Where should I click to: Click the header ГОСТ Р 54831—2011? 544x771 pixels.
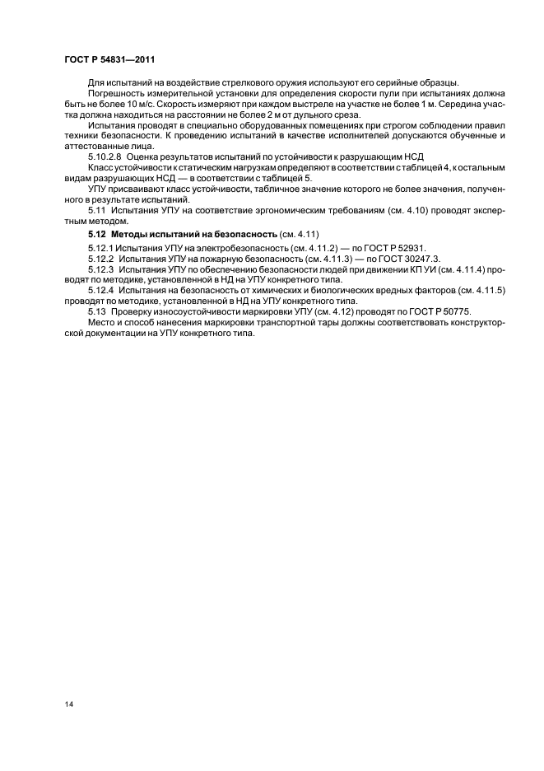(109, 60)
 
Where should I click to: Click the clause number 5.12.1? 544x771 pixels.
(103, 250)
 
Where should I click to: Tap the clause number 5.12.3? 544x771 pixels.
(103, 269)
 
